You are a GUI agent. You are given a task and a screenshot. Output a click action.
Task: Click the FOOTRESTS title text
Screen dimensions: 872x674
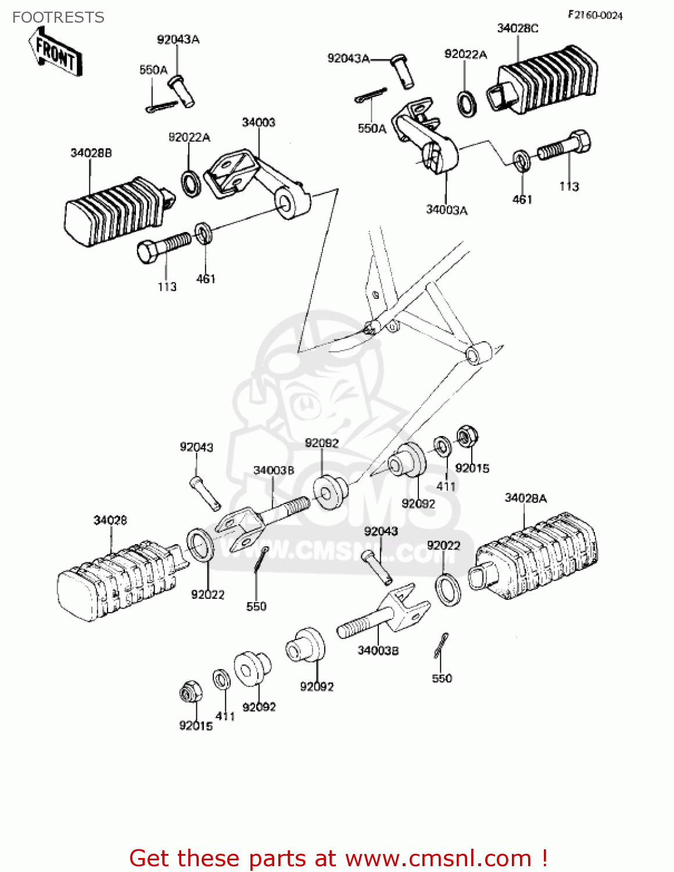pos(58,17)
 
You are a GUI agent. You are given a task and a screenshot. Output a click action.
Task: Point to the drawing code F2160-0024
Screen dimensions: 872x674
pos(595,15)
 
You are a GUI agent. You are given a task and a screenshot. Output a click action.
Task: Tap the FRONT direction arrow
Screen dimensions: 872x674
pos(55,52)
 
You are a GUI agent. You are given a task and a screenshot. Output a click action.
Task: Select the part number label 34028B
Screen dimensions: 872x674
pos(91,153)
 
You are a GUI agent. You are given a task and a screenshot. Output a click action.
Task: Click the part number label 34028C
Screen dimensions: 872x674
pos(517,28)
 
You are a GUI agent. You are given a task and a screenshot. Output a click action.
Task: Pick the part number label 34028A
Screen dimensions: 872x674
pos(525,498)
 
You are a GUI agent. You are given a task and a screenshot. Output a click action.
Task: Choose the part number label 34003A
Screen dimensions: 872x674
pos(446,210)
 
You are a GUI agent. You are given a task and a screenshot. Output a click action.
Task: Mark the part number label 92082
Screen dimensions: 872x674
pos(321,443)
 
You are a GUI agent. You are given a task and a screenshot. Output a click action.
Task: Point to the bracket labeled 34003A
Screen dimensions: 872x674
pos(427,137)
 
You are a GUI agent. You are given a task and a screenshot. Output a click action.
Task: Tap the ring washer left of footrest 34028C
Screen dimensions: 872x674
pos(467,103)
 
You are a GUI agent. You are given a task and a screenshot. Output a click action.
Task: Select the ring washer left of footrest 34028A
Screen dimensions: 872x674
pos(447,589)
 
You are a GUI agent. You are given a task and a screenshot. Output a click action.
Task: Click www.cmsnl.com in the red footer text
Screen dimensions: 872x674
pos(438,858)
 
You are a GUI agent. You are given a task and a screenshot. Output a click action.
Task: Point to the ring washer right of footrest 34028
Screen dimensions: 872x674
pos(199,545)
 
